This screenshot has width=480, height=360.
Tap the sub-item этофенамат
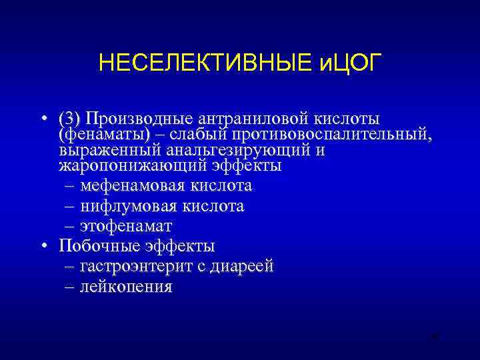tap(126, 226)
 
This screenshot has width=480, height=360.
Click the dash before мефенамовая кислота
tap(70, 185)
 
